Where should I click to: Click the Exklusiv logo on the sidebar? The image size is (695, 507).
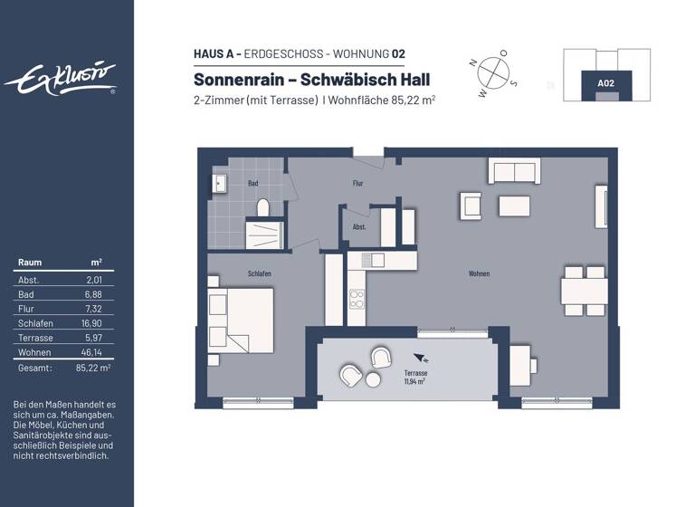click(x=61, y=79)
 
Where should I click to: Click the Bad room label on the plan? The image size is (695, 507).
click(x=253, y=183)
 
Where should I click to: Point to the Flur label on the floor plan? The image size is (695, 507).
click(x=357, y=183)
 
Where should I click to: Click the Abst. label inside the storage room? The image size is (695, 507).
click(x=359, y=227)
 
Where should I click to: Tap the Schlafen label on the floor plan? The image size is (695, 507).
click(x=260, y=273)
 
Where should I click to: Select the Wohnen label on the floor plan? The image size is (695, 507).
click(x=480, y=273)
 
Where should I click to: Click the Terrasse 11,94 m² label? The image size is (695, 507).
click(x=416, y=378)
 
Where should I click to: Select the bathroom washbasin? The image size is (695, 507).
click(x=219, y=184)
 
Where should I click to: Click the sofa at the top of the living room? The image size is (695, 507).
click(x=514, y=171)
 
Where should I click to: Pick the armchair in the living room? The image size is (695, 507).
click(x=471, y=206)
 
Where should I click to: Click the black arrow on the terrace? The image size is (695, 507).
click(x=417, y=358)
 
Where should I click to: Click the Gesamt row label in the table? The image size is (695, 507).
click(x=34, y=368)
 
